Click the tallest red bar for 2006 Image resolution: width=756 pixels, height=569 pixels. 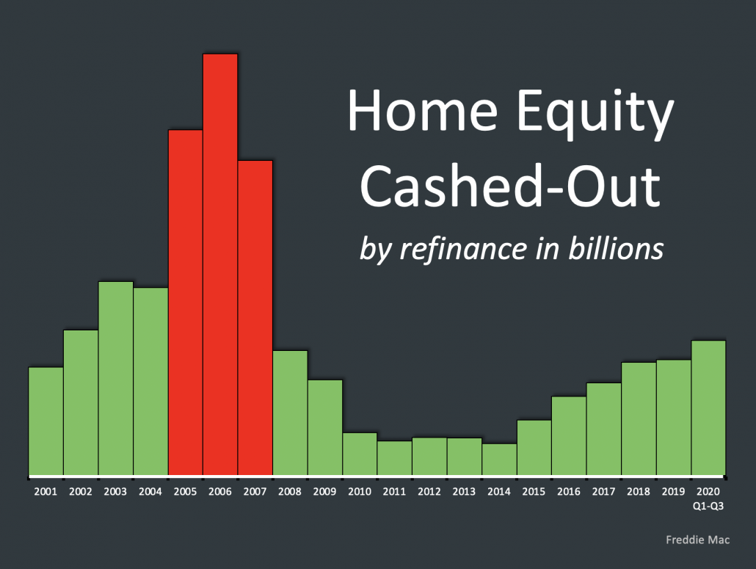click(220, 264)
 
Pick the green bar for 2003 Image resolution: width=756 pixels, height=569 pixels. click(116, 378)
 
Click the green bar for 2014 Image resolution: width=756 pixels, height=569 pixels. click(499, 459)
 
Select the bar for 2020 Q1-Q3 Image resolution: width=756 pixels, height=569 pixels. click(708, 407)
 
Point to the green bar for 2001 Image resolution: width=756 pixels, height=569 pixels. click(46, 421)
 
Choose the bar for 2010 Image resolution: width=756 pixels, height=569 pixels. click(360, 454)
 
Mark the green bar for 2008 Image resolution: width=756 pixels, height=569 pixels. click(290, 413)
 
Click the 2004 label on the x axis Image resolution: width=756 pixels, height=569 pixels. click(150, 490)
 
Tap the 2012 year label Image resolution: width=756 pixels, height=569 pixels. click(429, 490)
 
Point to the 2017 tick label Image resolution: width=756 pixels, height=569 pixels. click(604, 490)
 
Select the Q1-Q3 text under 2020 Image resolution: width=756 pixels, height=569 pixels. click(708, 504)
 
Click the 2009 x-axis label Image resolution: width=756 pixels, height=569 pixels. click(325, 490)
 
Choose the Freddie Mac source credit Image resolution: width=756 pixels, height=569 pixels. click(697, 540)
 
